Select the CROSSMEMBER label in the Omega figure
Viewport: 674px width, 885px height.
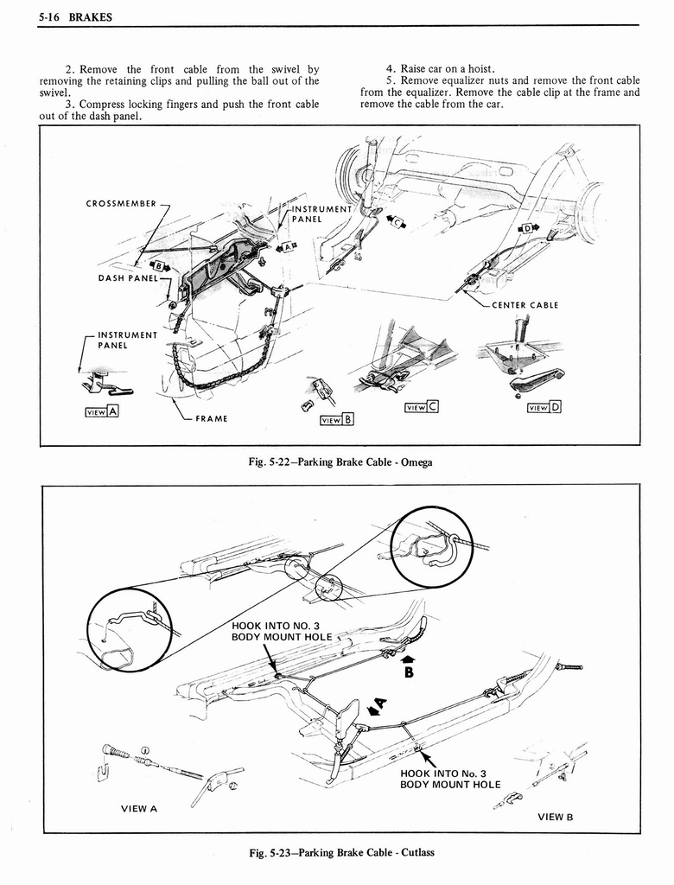(x=121, y=204)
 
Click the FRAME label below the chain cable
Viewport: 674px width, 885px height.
(x=212, y=419)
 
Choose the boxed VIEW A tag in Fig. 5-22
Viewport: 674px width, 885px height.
(x=100, y=411)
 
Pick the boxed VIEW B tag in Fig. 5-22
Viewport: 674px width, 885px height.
(x=338, y=421)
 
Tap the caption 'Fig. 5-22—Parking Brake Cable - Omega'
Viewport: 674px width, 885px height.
(x=339, y=462)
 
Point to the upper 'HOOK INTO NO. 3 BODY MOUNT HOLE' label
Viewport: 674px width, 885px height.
(x=276, y=631)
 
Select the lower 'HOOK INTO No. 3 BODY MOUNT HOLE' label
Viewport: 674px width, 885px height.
(x=449, y=779)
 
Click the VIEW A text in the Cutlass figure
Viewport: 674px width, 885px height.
(x=138, y=809)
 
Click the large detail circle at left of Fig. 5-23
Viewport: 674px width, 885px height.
(x=130, y=629)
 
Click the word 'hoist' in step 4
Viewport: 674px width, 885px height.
(x=476, y=69)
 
